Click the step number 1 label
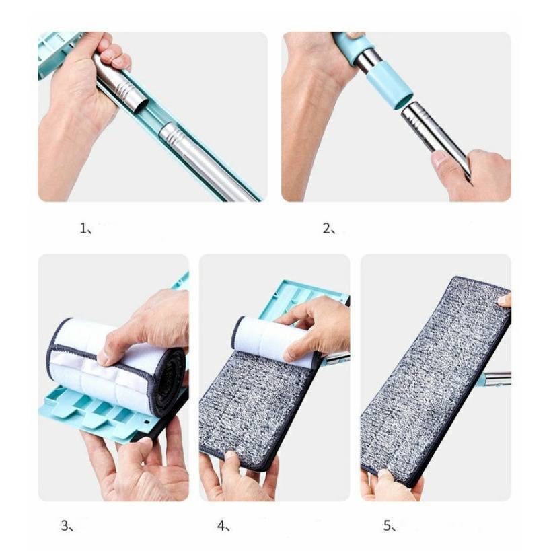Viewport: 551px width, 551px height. tap(86, 229)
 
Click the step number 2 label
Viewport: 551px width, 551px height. tap(329, 229)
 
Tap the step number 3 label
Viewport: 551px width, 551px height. tap(67, 525)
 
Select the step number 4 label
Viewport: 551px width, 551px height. tap(223, 525)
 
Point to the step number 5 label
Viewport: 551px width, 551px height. tap(390, 525)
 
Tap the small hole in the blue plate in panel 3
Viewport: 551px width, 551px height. tap(147, 420)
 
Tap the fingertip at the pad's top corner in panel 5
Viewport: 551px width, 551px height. tap(505, 301)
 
